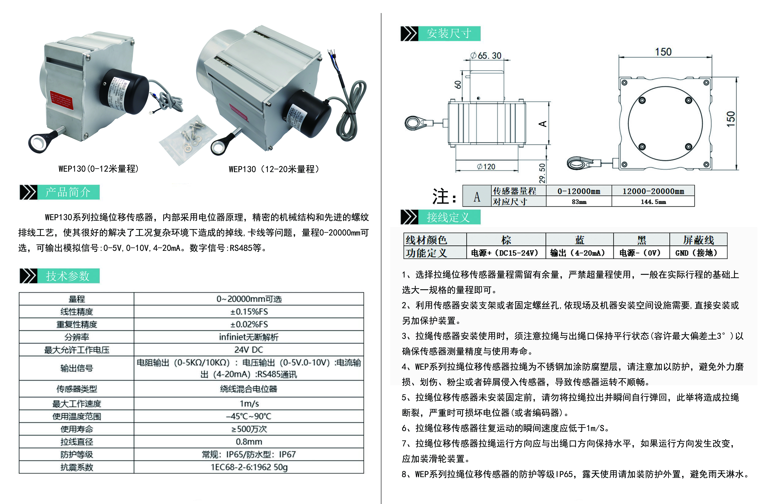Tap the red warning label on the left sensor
tap(62, 99)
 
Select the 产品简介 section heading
tap(68, 192)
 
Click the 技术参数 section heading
tap(68, 276)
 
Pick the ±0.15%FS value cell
tap(249, 311)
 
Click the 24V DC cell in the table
tap(249, 350)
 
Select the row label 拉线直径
tap(76, 442)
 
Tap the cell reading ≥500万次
tap(249, 429)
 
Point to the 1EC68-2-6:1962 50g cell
tap(249, 467)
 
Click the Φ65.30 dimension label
tap(486, 56)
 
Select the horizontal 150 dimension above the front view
tap(663, 52)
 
